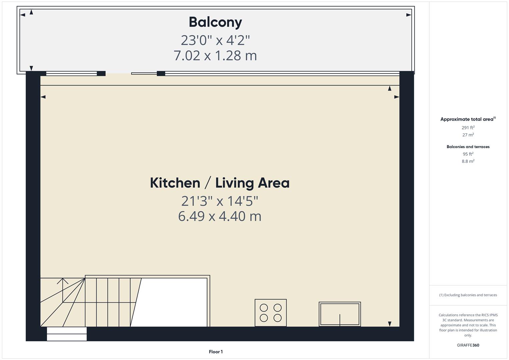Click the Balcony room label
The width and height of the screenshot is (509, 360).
click(x=215, y=22)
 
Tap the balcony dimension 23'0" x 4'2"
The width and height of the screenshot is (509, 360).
click(x=215, y=40)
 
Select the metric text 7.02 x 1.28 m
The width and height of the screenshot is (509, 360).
click(x=215, y=55)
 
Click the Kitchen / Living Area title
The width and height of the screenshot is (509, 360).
click(x=220, y=183)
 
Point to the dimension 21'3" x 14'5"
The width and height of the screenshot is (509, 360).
click(x=220, y=201)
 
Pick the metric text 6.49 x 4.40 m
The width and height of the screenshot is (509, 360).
click(x=220, y=216)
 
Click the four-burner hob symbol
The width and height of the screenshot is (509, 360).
click(x=270, y=313)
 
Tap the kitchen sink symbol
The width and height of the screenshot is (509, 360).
click(x=340, y=314)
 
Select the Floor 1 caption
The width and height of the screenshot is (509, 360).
click(x=216, y=352)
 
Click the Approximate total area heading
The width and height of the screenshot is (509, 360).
click(x=468, y=119)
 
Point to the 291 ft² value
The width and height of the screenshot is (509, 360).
click(x=468, y=127)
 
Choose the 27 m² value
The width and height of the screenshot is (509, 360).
click(x=468, y=135)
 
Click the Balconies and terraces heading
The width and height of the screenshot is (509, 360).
click(x=468, y=147)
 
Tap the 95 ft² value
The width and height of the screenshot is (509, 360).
click(x=468, y=154)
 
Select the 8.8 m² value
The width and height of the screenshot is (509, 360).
click(x=468, y=161)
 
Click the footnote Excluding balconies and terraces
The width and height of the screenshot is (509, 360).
click(x=468, y=295)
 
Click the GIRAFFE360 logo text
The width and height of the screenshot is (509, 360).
click(x=468, y=345)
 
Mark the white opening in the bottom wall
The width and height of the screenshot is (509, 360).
click(x=67, y=334)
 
